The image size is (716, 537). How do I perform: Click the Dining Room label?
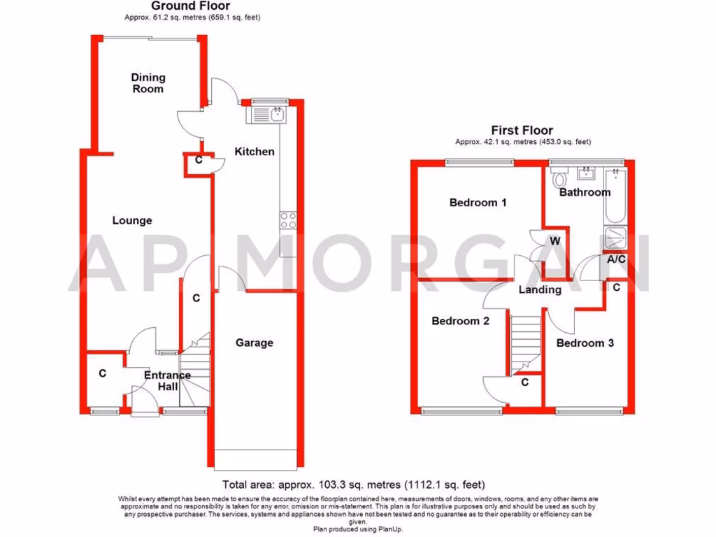[148, 83]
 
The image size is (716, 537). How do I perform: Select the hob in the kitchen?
[287, 220]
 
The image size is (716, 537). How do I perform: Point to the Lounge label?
[132, 220]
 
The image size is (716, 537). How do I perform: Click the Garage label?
[254, 343]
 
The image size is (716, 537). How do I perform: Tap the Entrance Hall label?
[167, 380]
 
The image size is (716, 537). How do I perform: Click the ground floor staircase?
[195, 371]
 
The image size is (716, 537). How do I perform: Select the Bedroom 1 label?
[478, 203]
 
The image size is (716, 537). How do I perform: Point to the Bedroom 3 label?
[585, 343]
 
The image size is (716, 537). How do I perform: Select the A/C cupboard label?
[616, 259]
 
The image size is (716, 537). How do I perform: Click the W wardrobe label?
[555, 241]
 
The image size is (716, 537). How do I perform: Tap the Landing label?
[540, 289]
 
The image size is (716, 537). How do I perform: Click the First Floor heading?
[522, 130]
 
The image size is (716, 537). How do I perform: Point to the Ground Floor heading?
[180, 6]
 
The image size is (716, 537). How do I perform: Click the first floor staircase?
[524, 343]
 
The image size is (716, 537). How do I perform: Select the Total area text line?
[353, 484]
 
